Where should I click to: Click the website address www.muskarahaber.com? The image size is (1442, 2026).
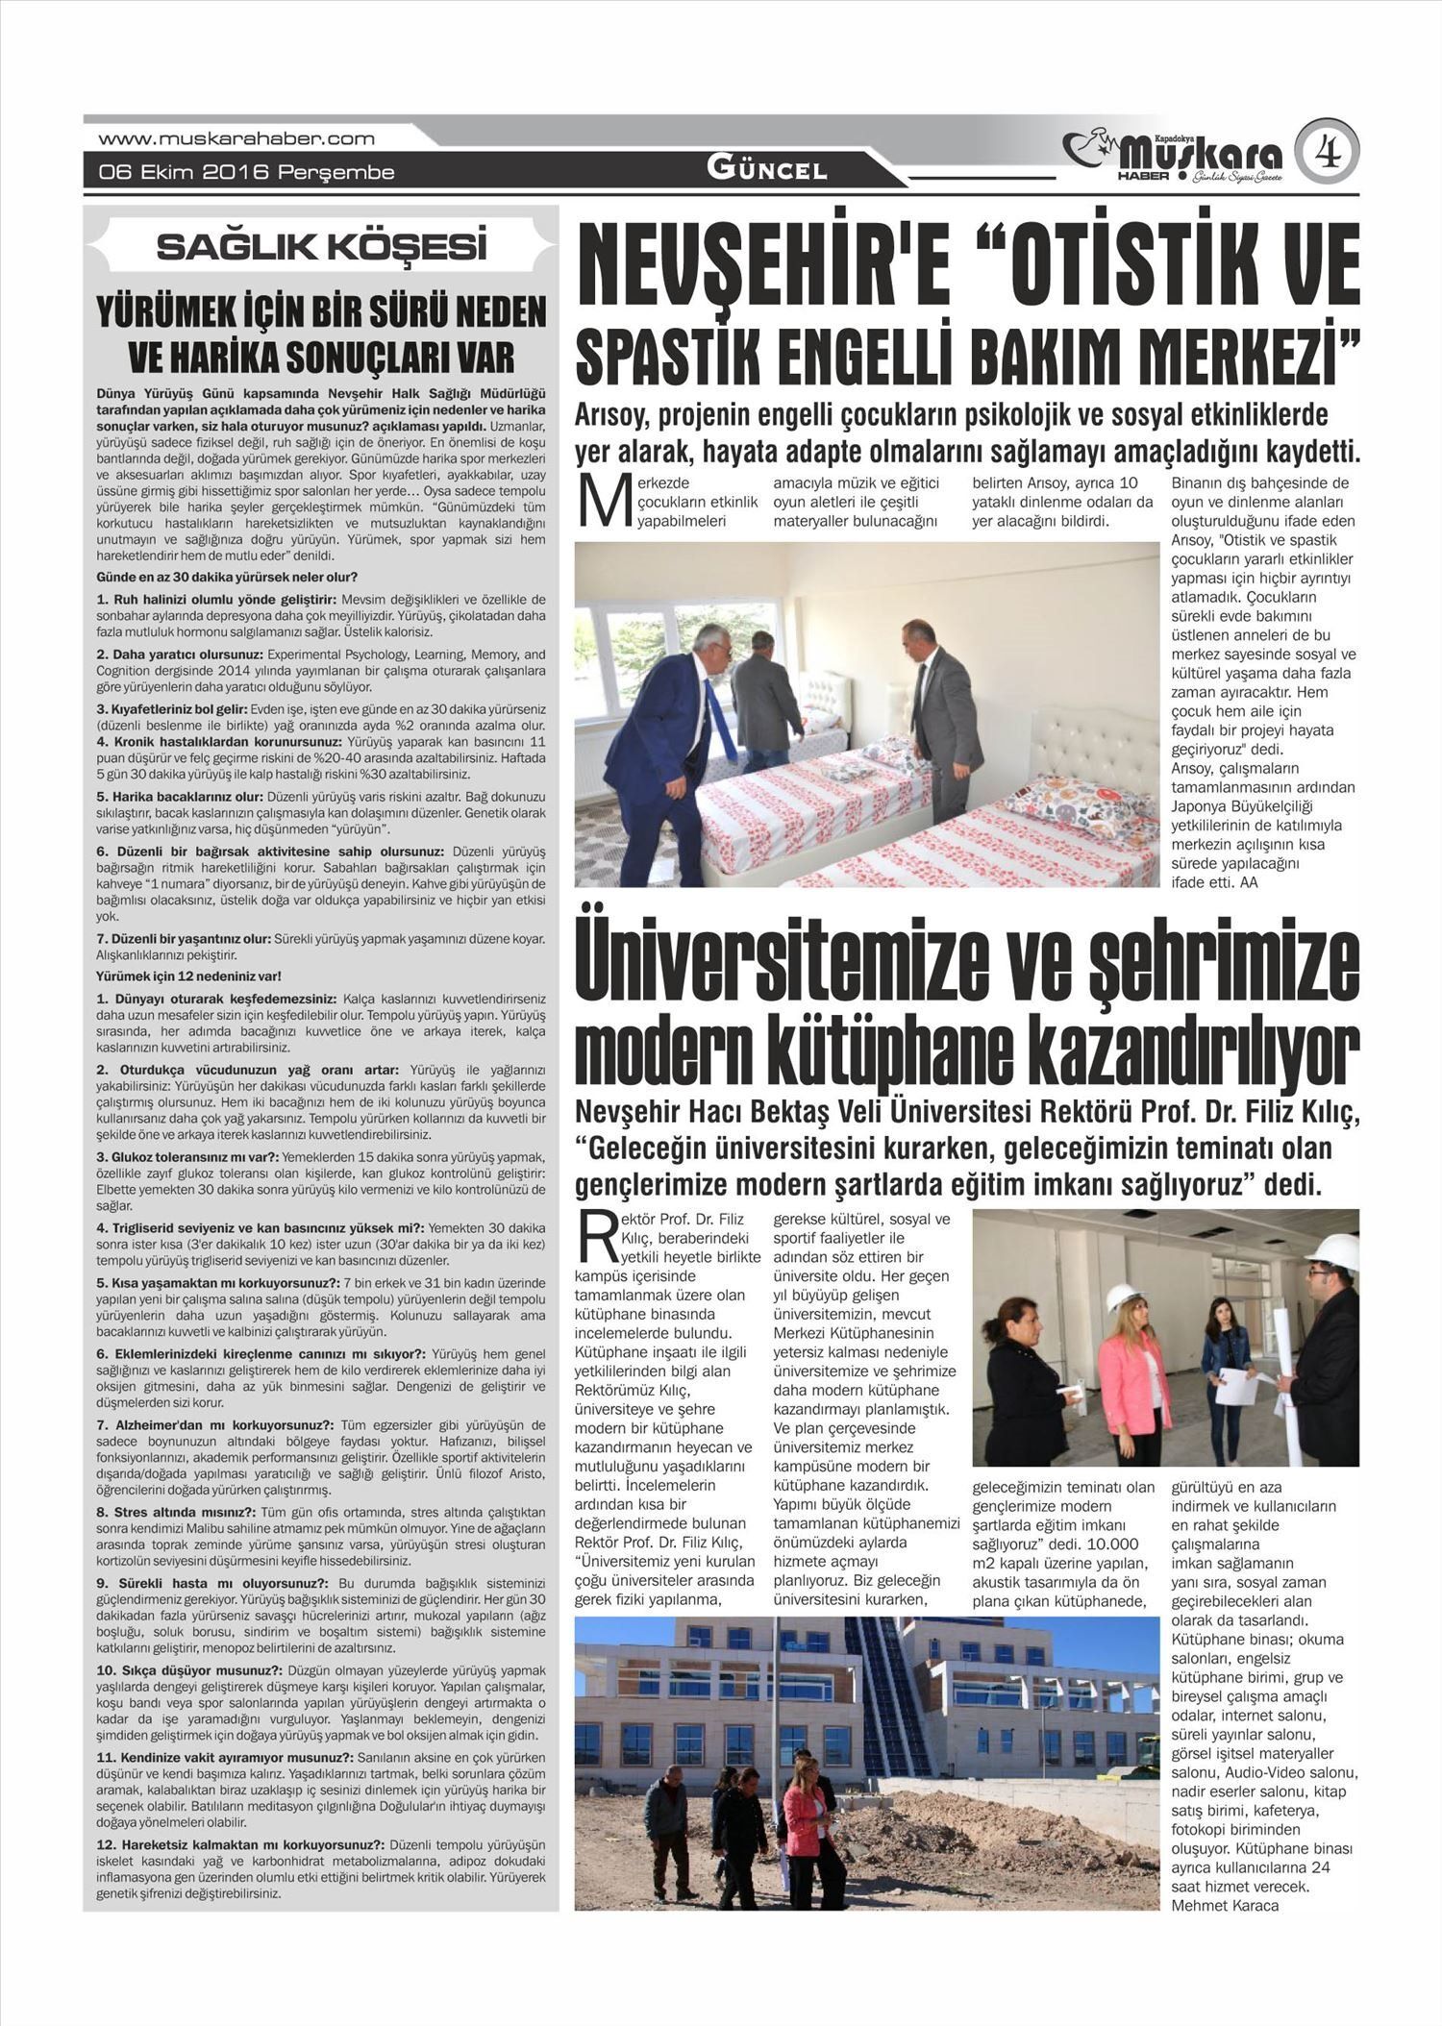coord(236,138)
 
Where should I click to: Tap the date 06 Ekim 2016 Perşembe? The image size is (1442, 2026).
coord(247,173)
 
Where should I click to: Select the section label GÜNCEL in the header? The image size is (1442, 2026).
coord(766,170)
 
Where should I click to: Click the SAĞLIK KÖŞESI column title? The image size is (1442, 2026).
coord(322,247)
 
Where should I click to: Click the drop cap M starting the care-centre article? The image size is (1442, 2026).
coord(604,503)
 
